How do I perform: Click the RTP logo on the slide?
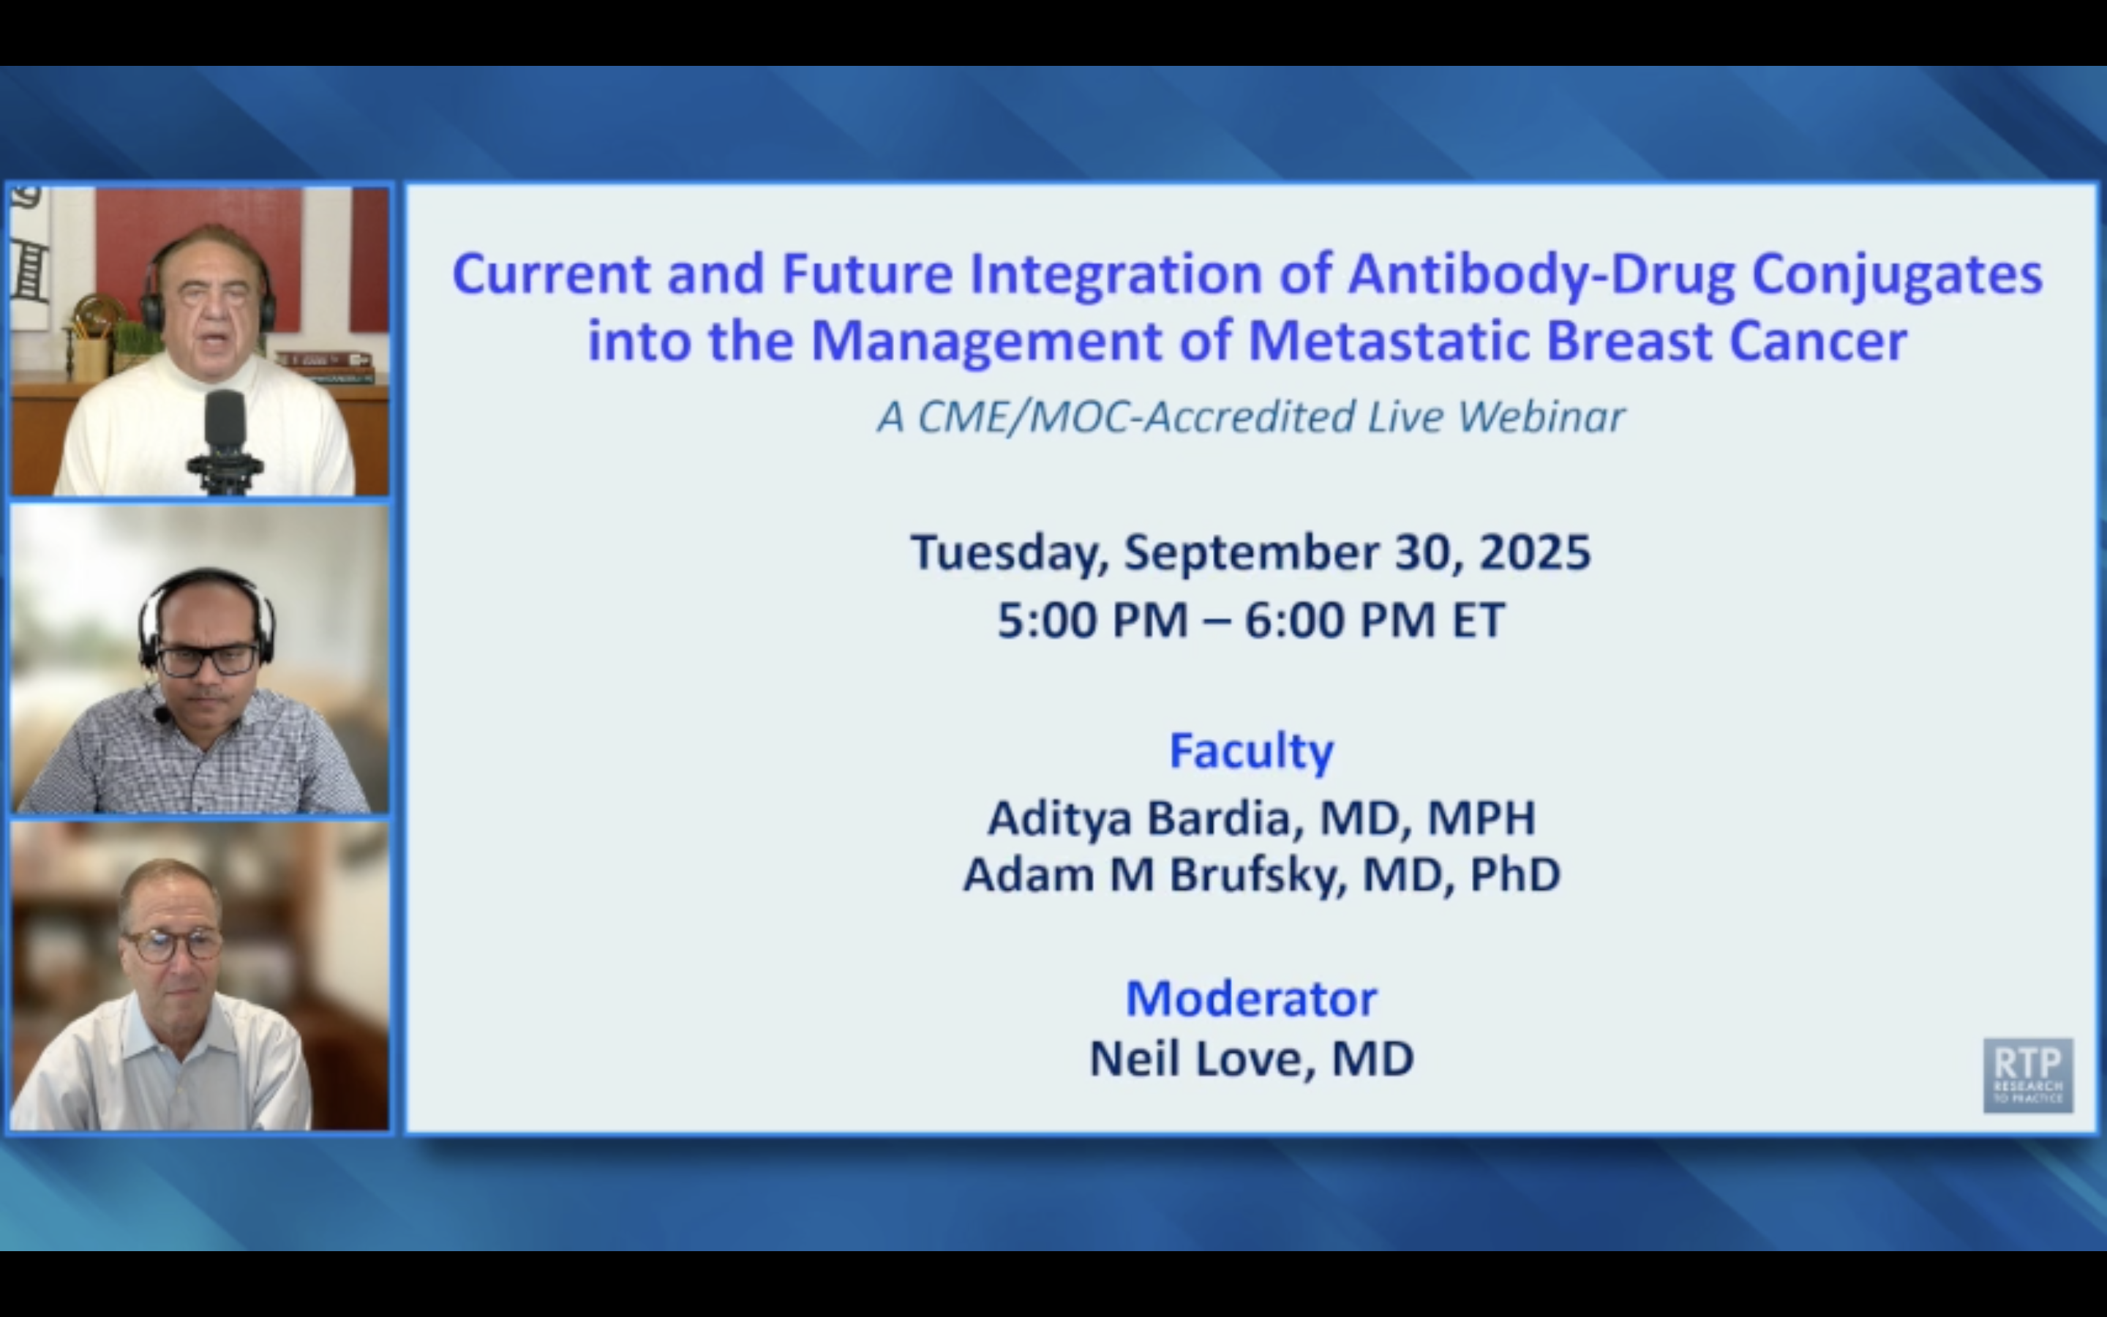[2028, 1075]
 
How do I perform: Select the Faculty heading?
[1251, 751]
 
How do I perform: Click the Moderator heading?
[1251, 998]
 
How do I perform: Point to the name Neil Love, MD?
[1251, 1059]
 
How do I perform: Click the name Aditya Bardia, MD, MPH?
[1261, 819]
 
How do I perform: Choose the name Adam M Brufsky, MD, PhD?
[1261, 874]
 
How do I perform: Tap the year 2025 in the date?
[1535, 552]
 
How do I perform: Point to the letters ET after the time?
[1478, 620]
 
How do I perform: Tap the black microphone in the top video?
[225, 432]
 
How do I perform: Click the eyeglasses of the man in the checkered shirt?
[206, 659]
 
